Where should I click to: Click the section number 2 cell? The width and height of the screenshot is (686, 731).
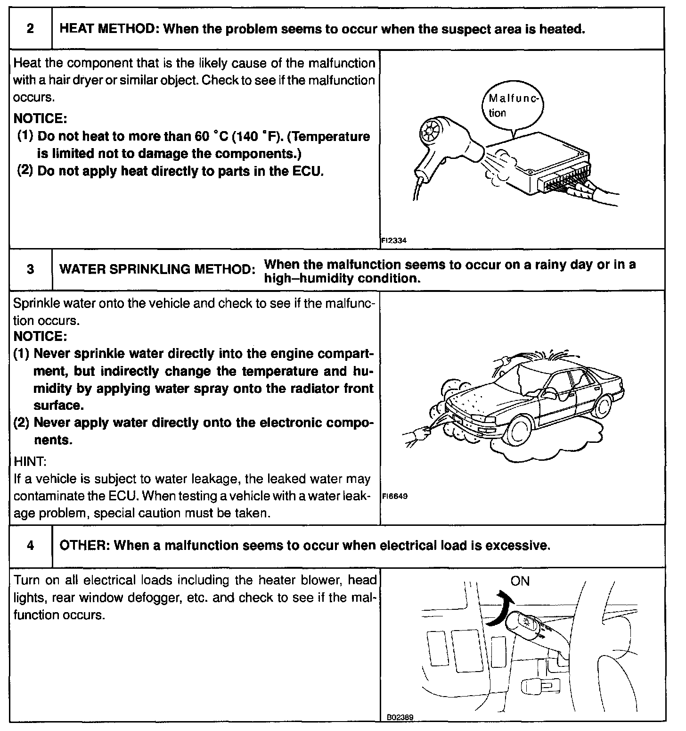(x=30, y=29)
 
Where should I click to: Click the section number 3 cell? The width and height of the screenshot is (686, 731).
(x=30, y=270)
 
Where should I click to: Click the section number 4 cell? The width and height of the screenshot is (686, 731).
(x=30, y=546)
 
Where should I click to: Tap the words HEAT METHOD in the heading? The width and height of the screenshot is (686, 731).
(x=108, y=29)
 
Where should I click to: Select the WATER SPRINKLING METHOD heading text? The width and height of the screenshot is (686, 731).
(x=157, y=270)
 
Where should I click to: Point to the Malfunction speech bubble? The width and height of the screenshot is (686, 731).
(x=514, y=107)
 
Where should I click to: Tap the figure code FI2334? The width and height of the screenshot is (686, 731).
(x=394, y=241)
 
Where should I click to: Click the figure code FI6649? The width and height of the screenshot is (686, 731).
(x=394, y=497)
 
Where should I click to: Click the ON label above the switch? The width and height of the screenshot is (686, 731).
(x=520, y=581)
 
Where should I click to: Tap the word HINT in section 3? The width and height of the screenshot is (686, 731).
(x=30, y=461)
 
